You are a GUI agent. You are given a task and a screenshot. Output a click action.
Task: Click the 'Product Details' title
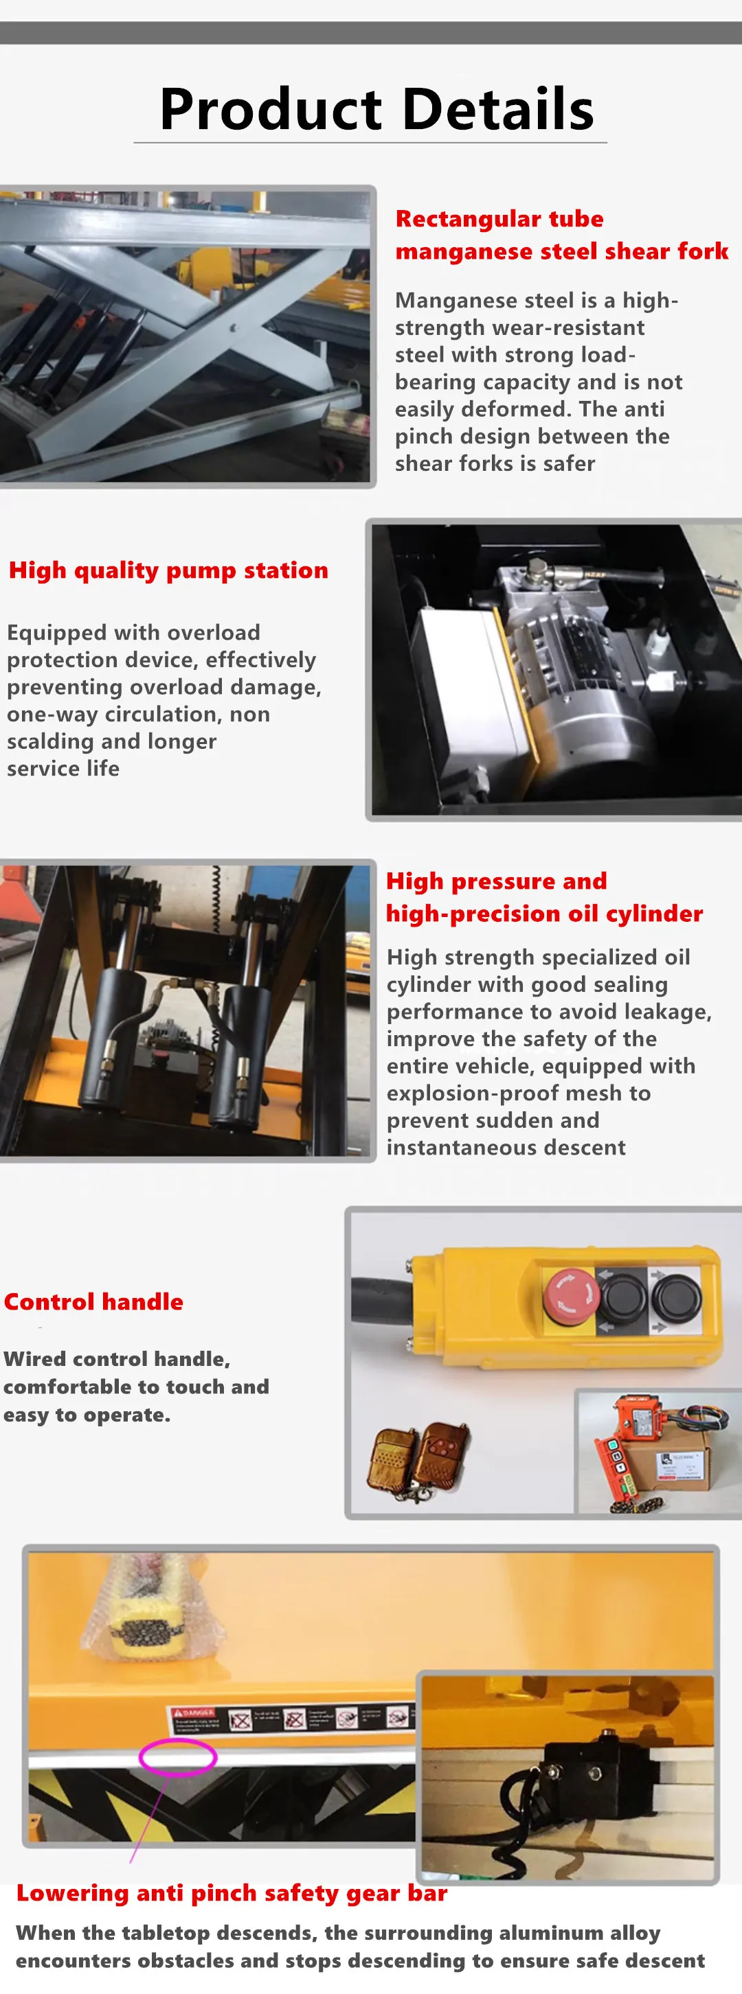coord(376,109)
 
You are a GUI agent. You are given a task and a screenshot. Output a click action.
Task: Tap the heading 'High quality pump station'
coord(168,570)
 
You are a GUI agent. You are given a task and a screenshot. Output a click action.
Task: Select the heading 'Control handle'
coord(93,1302)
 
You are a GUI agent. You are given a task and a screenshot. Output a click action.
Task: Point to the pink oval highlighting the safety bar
coord(177,1757)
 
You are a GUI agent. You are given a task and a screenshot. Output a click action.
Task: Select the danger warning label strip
coord(291,1719)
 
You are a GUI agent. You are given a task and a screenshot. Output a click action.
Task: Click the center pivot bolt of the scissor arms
coord(233,328)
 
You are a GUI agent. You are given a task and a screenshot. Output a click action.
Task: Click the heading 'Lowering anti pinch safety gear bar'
coord(232,1893)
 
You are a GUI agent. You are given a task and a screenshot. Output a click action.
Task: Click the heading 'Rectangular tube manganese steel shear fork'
coord(561,235)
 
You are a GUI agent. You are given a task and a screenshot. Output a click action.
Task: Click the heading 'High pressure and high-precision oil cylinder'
coord(543,897)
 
